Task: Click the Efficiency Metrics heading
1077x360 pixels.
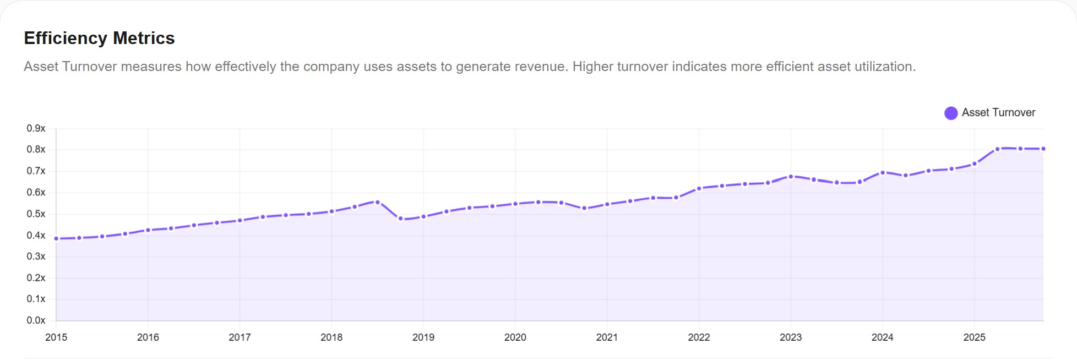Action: click(99, 38)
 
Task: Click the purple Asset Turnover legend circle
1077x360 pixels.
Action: click(951, 113)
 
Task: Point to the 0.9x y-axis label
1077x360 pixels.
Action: click(36, 128)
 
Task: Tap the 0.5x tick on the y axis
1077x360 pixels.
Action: click(36, 214)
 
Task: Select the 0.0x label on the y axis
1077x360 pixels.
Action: click(36, 320)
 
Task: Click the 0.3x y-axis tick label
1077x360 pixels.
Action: click(36, 257)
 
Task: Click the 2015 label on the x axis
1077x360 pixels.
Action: click(56, 337)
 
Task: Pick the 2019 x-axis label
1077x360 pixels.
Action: click(423, 337)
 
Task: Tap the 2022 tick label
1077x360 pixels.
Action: click(699, 337)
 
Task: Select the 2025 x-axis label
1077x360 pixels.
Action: click(974, 337)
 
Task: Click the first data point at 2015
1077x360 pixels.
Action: click(56, 238)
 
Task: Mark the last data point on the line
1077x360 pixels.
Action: click(1043, 149)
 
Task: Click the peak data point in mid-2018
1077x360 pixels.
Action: click(377, 202)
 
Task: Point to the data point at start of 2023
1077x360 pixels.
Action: click(791, 177)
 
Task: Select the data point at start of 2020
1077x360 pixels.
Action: click(515, 204)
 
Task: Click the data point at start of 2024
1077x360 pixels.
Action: click(883, 172)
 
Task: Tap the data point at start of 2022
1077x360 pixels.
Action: click(699, 188)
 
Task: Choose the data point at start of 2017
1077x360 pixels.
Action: click(240, 221)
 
